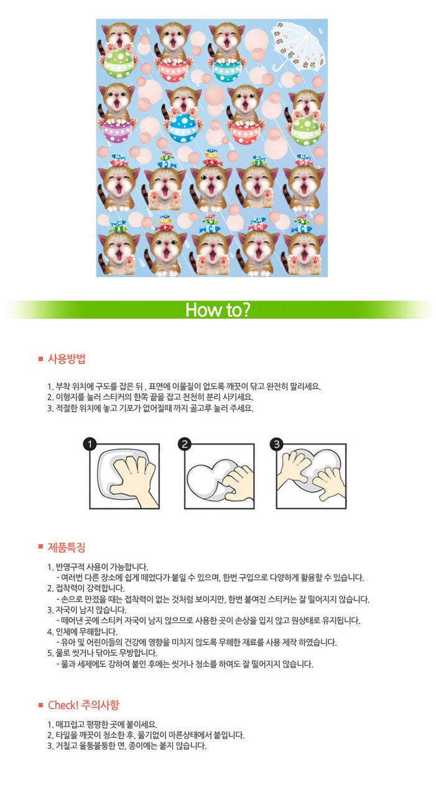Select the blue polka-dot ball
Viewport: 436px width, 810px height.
(183, 128)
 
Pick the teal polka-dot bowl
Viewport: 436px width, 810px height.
(226, 70)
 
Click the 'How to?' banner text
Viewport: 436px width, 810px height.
(218, 309)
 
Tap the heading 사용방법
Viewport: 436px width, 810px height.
(67, 359)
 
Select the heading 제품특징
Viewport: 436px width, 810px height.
(67, 547)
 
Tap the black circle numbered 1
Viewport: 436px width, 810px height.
(90, 444)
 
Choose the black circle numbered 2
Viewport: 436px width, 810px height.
(185, 444)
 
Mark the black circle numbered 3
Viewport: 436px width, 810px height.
(277, 444)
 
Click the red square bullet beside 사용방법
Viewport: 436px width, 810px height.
(41, 359)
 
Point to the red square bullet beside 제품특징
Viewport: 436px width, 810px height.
(41, 546)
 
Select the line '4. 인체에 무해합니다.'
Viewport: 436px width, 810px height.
(82, 632)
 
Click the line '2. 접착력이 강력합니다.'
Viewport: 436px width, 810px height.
(86, 588)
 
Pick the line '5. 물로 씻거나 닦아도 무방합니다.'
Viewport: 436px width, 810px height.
(102, 653)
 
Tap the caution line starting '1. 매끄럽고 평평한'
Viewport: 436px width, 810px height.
(102, 724)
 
